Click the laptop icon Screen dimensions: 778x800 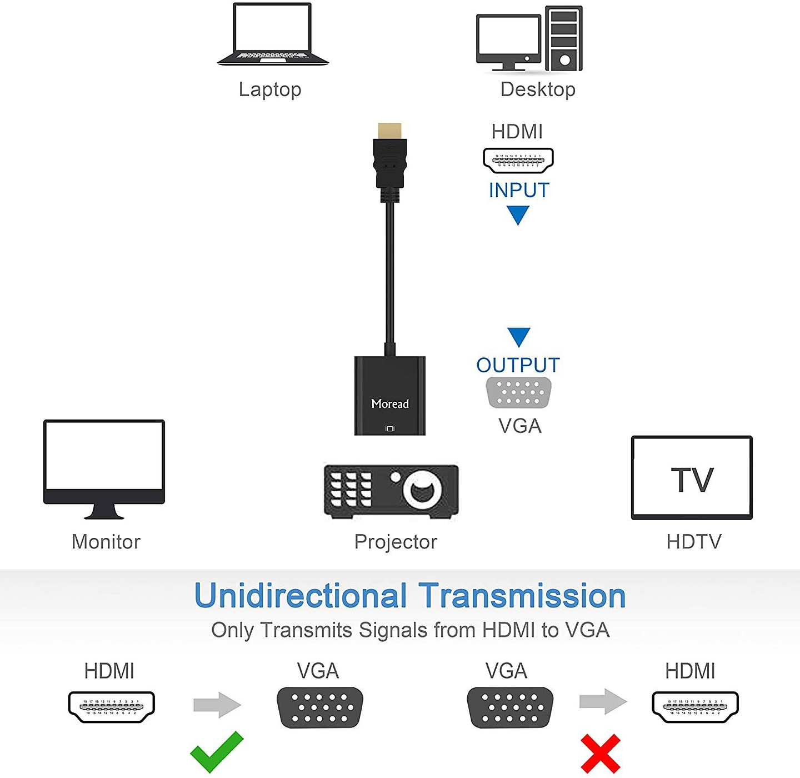(x=272, y=34)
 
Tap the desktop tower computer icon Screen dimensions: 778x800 (x=563, y=39)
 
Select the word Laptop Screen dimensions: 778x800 (x=270, y=89)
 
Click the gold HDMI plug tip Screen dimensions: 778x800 (x=389, y=131)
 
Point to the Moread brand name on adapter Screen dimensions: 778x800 (x=390, y=404)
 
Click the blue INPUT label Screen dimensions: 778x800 (x=519, y=190)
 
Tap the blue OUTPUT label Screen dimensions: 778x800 (x=518, y=365)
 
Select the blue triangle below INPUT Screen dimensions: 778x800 (x=518, y=214)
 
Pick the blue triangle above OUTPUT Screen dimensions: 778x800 (x=518, y=336)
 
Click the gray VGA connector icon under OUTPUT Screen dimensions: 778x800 (x=518, y=392)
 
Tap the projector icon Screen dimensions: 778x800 (x=391, y=491)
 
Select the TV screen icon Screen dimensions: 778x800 (x=692, y=478)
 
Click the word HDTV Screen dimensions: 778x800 (x=694, y=541)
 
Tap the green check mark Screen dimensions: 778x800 (x=216, y=751)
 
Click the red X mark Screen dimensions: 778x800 (x=600, y=754)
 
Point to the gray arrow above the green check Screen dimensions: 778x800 (x=217, y=705)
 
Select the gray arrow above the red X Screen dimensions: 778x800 (x=603, y=701)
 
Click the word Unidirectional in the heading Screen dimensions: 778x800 (x=301, y=596)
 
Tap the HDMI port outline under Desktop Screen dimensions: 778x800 (x=518, y=160)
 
